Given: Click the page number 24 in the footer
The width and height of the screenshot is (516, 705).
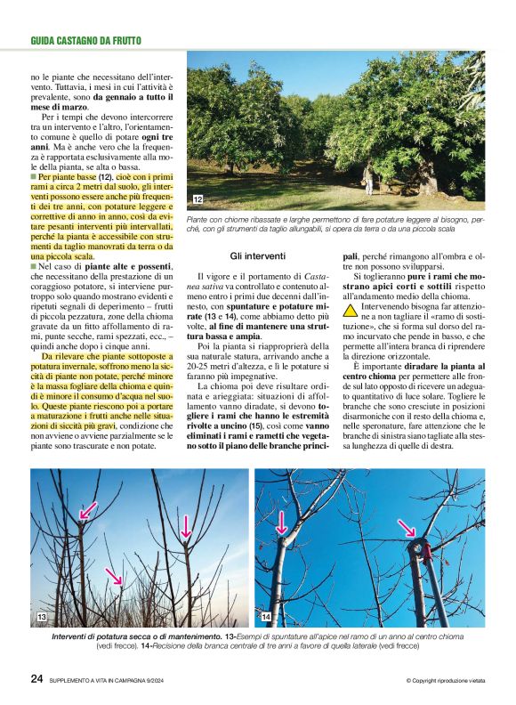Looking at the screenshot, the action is point(37,678).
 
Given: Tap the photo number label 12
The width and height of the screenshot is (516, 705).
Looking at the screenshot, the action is point(198,199).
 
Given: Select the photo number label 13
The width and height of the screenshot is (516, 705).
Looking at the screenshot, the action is point(41,617).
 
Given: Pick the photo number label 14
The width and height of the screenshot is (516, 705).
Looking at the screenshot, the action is point(266,617).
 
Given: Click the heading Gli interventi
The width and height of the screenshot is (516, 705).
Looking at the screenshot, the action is point(257,255).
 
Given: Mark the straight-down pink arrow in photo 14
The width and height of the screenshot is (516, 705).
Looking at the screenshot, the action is point(283,523).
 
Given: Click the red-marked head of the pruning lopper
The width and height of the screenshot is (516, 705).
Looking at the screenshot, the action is point(419,547).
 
